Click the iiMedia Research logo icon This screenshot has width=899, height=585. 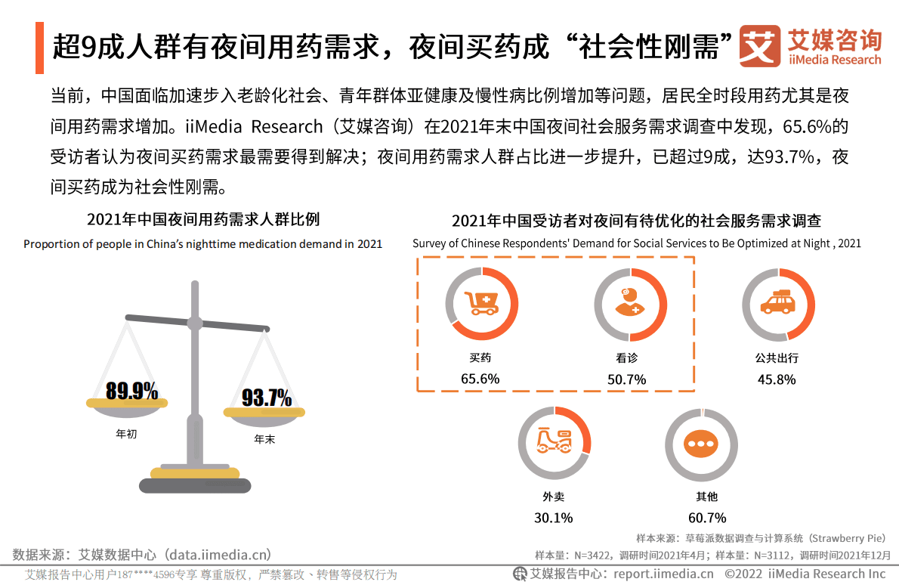[759, 47]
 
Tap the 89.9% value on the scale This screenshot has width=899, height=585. [131, 391]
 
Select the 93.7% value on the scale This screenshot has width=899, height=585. [267, 398]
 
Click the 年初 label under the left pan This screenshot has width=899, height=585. [126, 435]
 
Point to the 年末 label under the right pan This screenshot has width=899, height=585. [264, 438]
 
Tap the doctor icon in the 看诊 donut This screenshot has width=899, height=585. [629, 304]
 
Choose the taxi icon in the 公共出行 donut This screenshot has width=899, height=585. [777, 304]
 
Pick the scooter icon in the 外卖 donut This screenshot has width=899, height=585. [554, 441]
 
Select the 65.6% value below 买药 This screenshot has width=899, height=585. [480, 379]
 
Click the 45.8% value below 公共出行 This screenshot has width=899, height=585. [777, 379]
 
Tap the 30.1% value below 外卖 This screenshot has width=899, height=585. [554, 518]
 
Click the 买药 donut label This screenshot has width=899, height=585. [480, 357]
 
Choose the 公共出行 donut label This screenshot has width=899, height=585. [777, 357]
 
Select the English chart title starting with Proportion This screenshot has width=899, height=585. [202, 244]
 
